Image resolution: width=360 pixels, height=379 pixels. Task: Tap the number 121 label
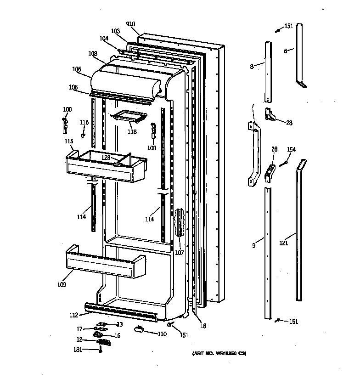tap(284, 243)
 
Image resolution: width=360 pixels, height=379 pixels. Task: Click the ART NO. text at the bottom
tap(219, 353)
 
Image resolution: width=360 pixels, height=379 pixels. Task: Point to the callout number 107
tap(179, 252)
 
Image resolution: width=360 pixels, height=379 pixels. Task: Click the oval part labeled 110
tap(140, 328)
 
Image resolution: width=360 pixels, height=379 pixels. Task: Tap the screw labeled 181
tap(100, 351)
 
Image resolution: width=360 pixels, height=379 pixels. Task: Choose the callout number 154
tap(291, 149)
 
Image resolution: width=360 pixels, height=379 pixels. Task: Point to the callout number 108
tap(93, 54)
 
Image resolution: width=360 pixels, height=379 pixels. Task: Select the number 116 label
tap(84, 122)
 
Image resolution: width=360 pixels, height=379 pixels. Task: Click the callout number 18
tap(203, 326)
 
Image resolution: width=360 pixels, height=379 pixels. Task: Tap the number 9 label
tap(253, 245)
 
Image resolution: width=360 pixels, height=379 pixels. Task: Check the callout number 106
tap(77, 69)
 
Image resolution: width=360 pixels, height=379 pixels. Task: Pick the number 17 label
tap(79, 328)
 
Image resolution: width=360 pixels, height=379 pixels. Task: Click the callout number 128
tap(106, 158)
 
